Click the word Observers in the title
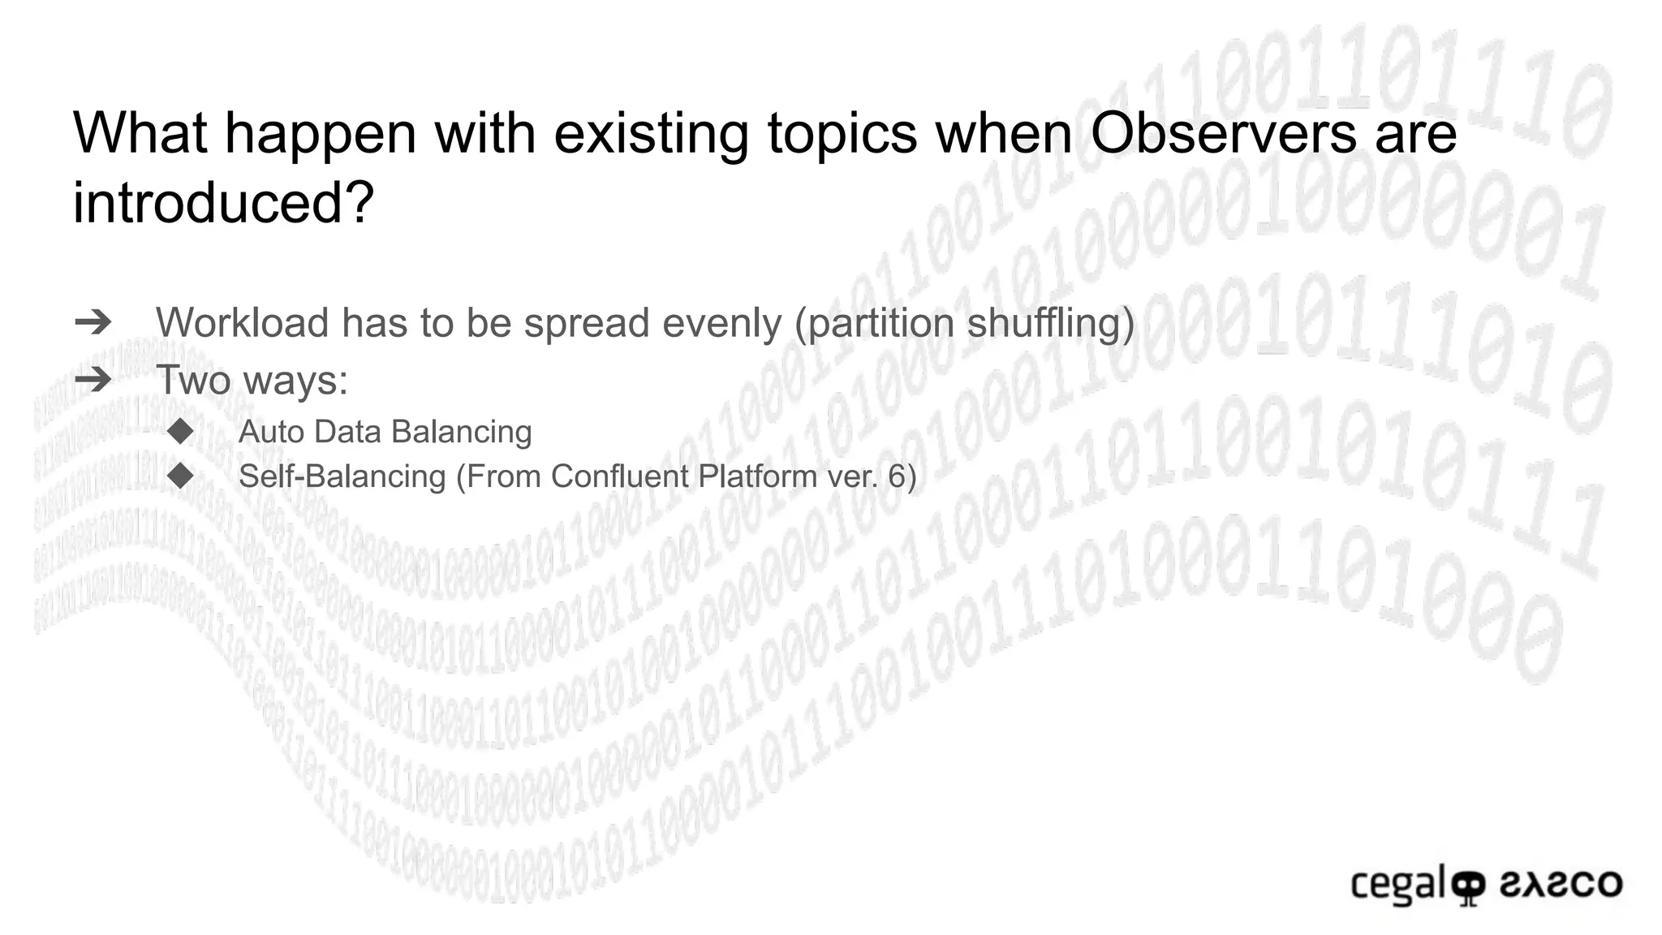pyautogui.click(x=1222, y=132)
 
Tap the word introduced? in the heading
pyautogui.click(x=223, y=202)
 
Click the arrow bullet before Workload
pyautogui.click(x=93, y=323)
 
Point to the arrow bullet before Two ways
pyautogui.click(x=93, y=379)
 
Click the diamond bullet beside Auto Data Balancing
pyautogui.click(x=180, y=431)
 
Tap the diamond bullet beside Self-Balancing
pyautogui.click(x=180, y=476)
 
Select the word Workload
pyautogui.click(x=241, y=323)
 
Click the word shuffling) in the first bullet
pyautogui.click(x=1051, y=323)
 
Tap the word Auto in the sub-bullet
pyautogui.click(x=271, y=432)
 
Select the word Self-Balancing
pyautogui.click(x=342, y=476)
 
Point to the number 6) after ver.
pyautogui.click(x=902, y=476)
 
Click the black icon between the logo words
pyautogui.click(x=1467, y=886)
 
